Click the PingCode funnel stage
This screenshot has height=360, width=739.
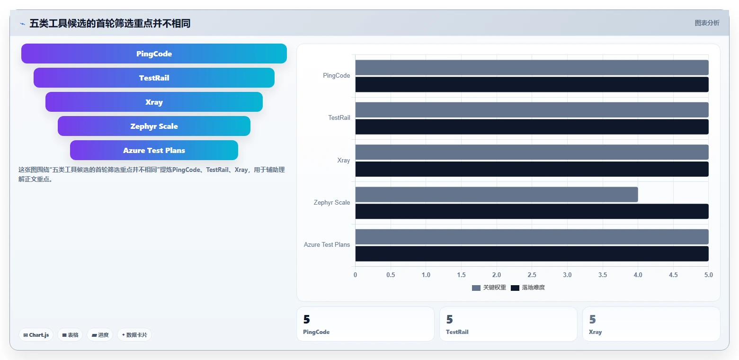[154, 54]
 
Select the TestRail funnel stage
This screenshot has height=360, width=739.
[154, 78]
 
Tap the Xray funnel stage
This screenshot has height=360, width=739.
[154, 102]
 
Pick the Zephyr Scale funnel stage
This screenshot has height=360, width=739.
[154, 126]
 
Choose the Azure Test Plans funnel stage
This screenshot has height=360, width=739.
[154, 150]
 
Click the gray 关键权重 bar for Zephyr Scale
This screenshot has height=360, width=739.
[497, 194]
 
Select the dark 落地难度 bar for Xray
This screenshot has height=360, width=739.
[532, 169]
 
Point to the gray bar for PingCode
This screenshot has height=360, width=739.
[532, 68]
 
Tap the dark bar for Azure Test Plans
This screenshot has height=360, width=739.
[532, 254]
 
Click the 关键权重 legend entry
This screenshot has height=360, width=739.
[489, 288]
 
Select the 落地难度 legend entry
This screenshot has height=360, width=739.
[528, 288]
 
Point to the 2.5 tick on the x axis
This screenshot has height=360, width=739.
[532, 275]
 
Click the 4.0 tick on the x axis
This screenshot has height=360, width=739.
[638, 275]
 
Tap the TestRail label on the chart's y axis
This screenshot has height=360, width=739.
[339, 118]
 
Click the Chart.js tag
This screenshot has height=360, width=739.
[36, 335]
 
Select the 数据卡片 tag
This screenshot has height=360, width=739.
[134, 335]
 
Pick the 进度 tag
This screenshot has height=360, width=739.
[100, 335]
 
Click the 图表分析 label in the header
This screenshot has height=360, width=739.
[707, 23]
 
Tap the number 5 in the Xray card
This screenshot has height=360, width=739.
[593, 319]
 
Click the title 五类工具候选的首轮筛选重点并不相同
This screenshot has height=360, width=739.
[110, 23]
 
